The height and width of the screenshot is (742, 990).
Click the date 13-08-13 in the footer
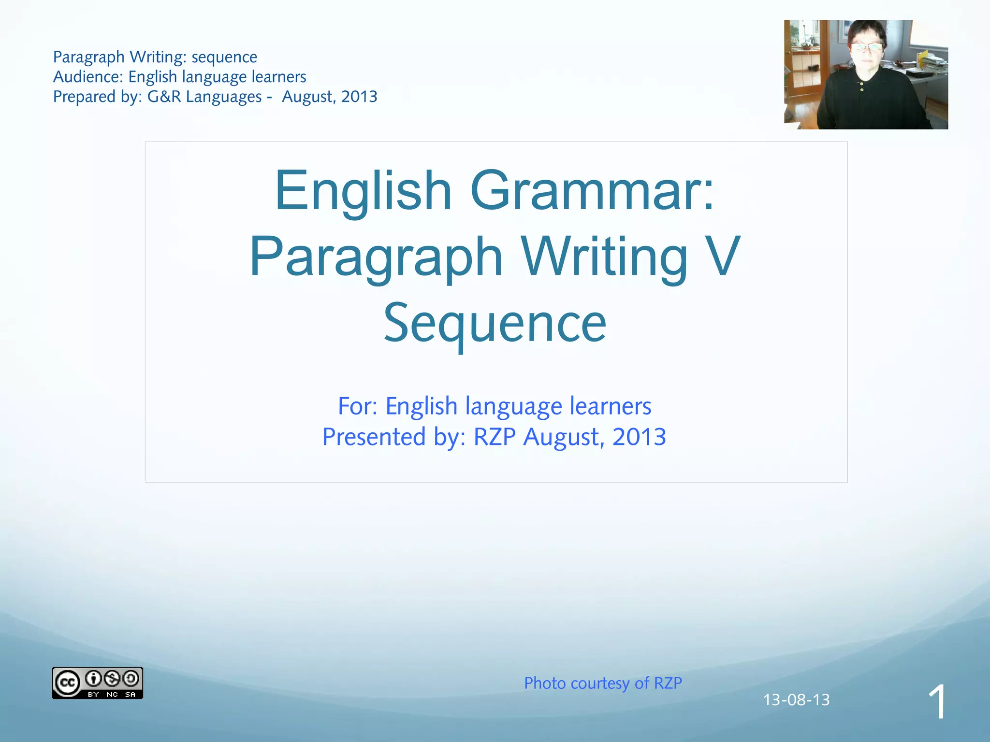(x=796, y=699)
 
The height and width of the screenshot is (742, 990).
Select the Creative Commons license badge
(x=97, y=683)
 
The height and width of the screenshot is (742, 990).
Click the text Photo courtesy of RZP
(x=603, y=683)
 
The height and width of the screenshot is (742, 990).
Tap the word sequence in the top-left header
(x=224, y=57)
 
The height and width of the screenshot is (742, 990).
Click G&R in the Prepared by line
(x=164, y=97)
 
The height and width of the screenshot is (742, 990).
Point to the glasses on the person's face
(x=867, y=47)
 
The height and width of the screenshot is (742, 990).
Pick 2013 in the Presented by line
(x=639, y=437)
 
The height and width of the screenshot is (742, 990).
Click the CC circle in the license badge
(x=67, y=683)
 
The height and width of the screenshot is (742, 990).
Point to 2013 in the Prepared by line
(x=359, y=97)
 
